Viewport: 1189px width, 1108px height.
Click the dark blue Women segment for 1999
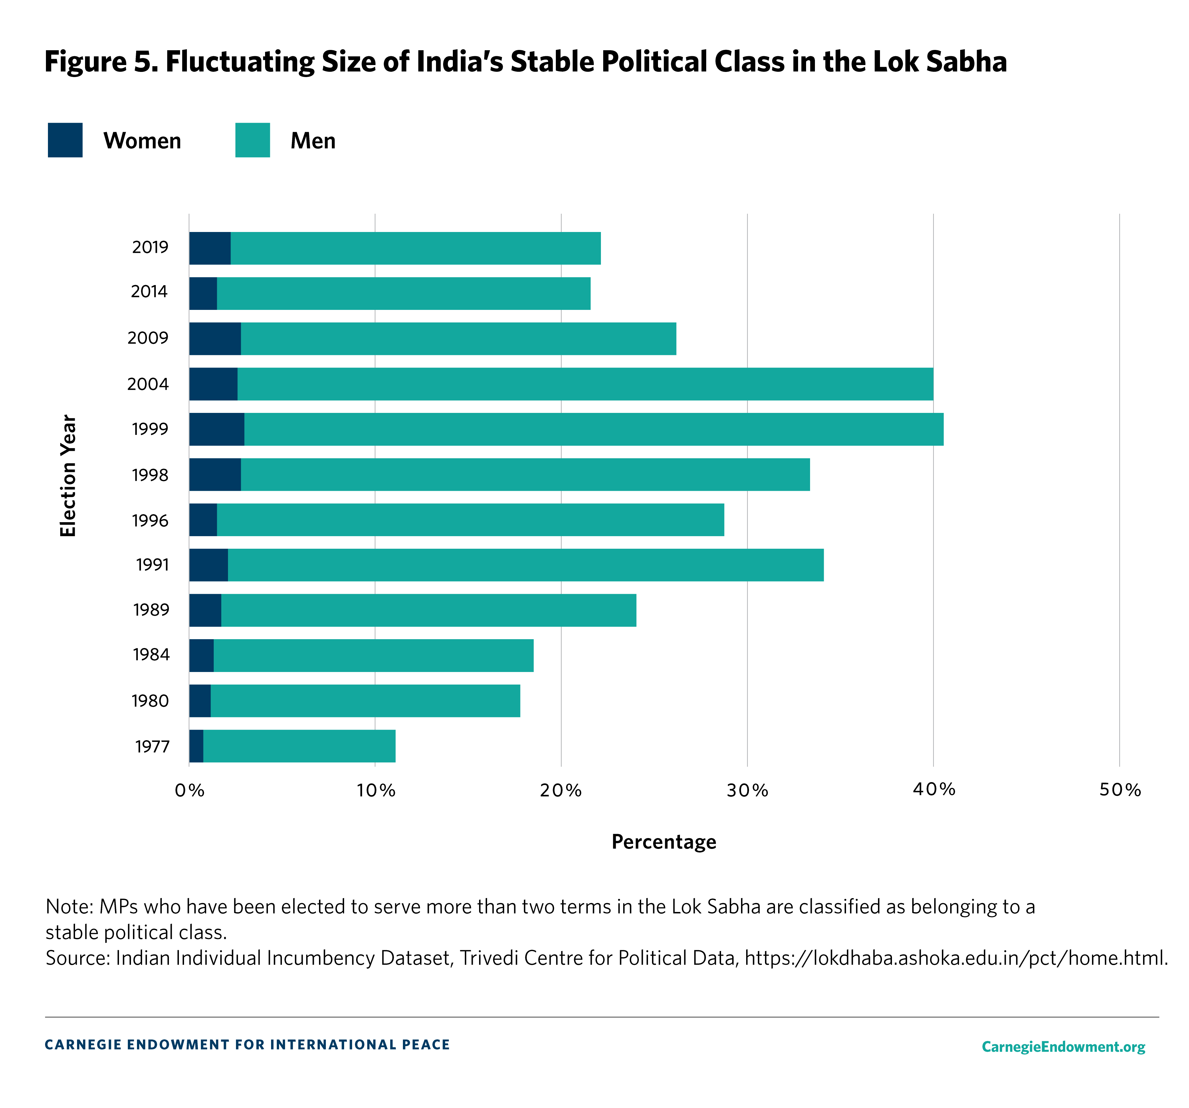click(x=217, y=429)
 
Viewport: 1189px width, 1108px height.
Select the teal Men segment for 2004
click(x=585, y=384)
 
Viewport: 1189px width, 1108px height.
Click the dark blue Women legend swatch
click(x=65, y=140)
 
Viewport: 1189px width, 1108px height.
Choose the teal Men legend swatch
click(x=253, y=140)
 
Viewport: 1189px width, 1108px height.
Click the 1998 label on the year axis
click(x=150, y=475)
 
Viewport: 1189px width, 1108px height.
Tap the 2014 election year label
click(x=149, y=292)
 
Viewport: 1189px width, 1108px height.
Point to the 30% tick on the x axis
click(x=747, y=790)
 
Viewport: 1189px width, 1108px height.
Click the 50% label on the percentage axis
click(x=1120, y=790)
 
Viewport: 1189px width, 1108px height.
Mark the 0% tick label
click(x=189, y=790)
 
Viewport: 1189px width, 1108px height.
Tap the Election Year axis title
click(x=68, y=475)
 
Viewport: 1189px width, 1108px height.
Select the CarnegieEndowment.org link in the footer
click(x=1063, y=1046)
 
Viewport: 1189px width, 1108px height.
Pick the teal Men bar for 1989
click(x=428, y=610)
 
